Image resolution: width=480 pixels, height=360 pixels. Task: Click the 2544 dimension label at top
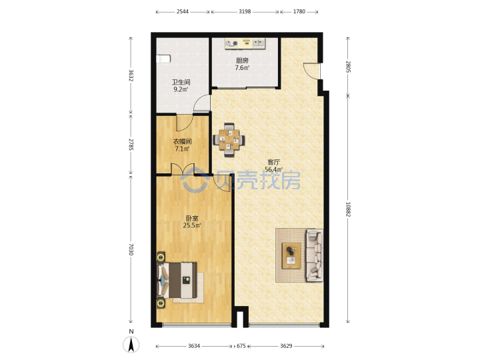[183, 11]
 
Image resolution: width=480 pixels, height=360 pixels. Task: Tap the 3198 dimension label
[245, 11]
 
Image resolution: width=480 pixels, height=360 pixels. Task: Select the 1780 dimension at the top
[299, 11]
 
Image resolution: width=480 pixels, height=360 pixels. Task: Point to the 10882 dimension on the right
[348, 209]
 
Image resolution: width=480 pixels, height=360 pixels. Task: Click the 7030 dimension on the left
[131, 249]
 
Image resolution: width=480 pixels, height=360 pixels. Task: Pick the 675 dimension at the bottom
[241, 346]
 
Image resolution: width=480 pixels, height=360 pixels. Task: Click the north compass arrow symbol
[131, 345]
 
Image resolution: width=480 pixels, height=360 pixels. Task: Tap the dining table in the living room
[229, 140]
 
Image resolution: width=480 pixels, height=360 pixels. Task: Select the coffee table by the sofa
[291, 255]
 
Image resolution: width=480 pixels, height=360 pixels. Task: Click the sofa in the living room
[315, 255]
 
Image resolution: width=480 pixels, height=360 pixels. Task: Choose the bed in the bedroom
[177, 280]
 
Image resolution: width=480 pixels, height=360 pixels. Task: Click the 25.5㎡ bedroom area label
[192, 225]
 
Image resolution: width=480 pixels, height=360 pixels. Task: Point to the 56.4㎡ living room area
[273, 169]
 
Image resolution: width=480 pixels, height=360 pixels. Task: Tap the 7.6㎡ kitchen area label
[242, 68]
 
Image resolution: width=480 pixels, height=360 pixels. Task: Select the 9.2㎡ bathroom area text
[181, 89]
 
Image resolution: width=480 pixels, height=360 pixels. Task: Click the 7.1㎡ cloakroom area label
[182, 149]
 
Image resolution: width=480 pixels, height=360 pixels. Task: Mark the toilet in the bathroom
[163, 59]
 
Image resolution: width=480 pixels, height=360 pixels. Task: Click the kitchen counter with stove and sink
[245, 43]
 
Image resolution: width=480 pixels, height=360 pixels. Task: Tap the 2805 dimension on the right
[348, 67]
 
